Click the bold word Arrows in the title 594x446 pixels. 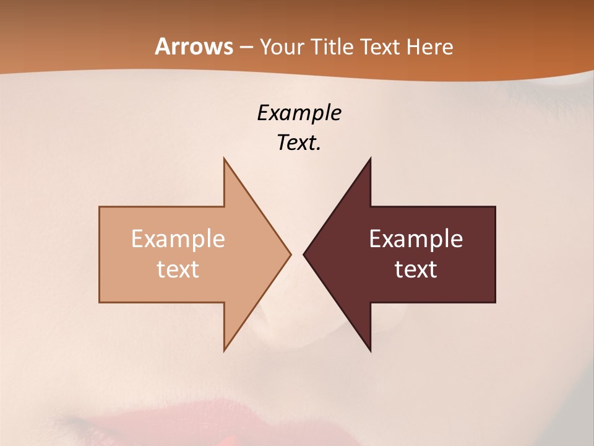[x=194, y=46]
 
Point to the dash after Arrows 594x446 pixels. [x=246, y=48]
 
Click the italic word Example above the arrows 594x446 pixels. [x=299, y=113]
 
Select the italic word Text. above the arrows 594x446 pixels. [x=299, y=142]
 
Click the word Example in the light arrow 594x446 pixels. [x=178, y=239]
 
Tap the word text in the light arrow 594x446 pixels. [x=178, y=269]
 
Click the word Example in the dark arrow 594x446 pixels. [x=416, y=239]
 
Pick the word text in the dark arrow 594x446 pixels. [x=416, y=269]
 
